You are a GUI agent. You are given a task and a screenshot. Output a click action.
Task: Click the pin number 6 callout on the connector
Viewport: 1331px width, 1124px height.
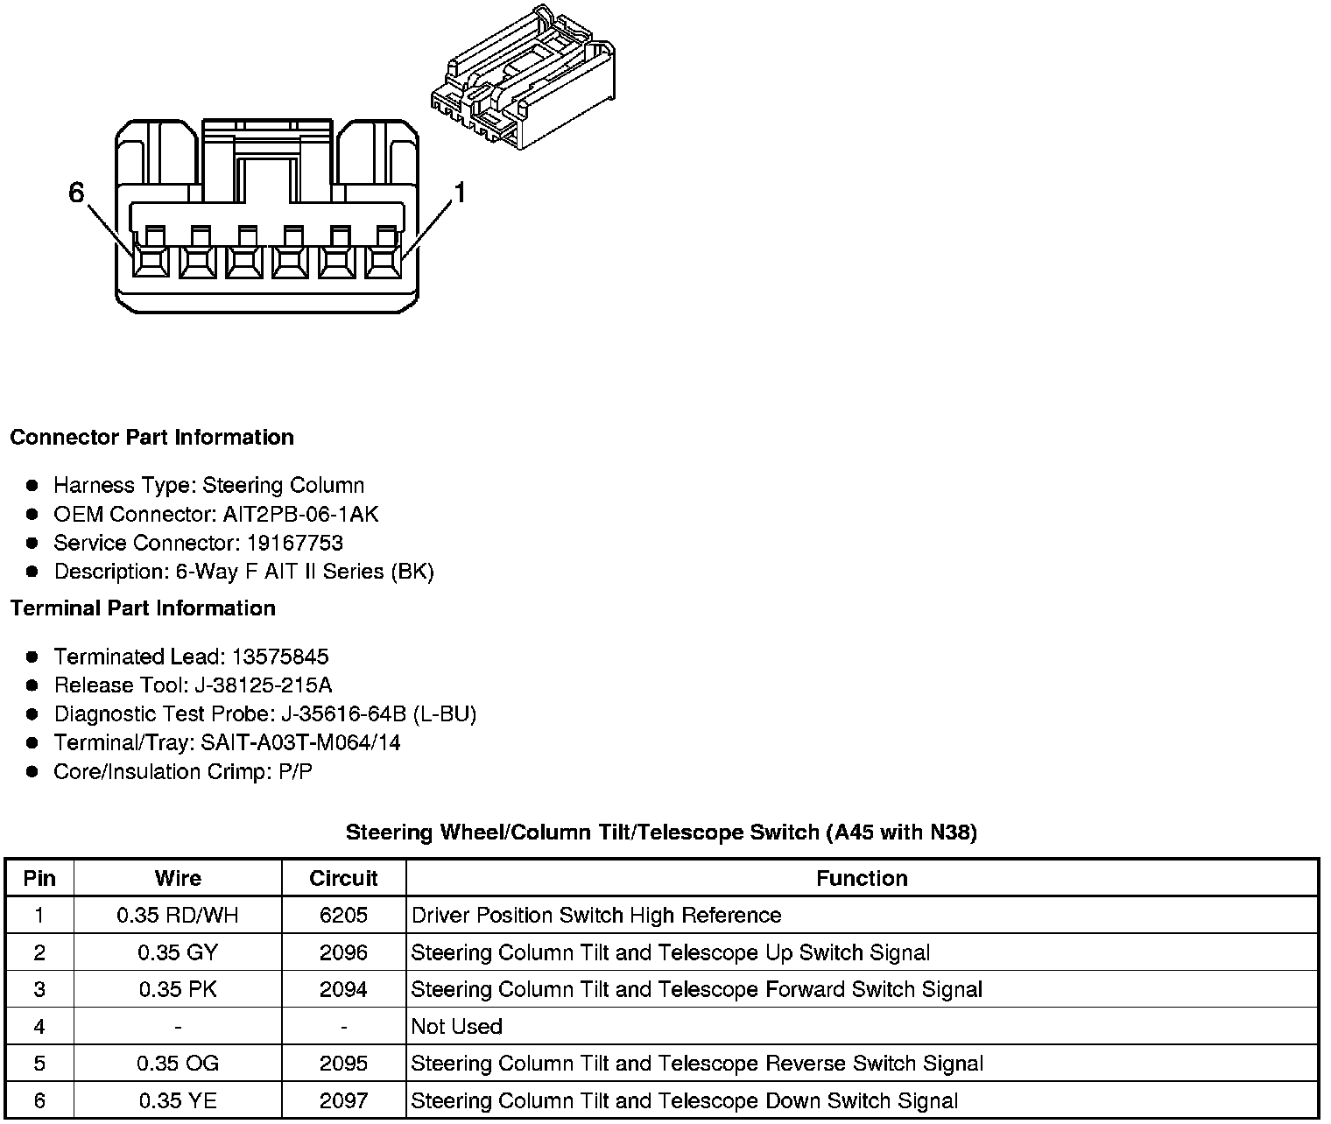click(77, 193)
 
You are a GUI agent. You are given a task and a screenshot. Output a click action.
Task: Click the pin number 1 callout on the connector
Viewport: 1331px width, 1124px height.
click(459, 193)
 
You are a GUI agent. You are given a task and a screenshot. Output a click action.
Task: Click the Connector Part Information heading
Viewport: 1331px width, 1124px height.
click(151, 438)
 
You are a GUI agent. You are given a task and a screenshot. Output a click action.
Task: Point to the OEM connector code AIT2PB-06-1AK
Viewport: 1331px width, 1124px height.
click(300, 514)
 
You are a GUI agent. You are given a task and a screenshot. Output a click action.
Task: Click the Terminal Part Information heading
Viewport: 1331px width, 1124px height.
click(143, 608)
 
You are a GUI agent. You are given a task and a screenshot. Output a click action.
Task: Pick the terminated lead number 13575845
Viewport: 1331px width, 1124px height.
click(280, 657)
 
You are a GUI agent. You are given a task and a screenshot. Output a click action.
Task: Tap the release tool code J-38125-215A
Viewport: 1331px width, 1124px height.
click(268, 685)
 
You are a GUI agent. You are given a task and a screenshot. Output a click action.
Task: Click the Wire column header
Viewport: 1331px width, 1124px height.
click(178, 878)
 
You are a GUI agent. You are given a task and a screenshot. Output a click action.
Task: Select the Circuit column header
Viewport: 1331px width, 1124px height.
click(343, 878)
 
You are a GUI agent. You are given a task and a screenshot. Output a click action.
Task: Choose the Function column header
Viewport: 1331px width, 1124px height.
click(862, 878)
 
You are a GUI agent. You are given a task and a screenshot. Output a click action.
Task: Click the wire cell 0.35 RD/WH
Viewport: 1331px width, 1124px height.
click(178, 916)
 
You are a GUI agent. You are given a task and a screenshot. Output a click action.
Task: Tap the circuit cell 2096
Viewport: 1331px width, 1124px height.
click(343, 952)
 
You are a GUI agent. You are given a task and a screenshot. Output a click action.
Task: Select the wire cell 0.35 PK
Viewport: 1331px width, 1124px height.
click(178, 989)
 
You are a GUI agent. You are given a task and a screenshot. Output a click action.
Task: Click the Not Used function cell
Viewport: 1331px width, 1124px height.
click(456, 1026)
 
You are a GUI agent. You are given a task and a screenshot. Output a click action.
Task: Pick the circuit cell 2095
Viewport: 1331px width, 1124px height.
click(343, 1064)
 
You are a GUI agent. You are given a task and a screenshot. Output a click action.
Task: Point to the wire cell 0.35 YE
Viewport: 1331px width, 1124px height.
click(178, 1100)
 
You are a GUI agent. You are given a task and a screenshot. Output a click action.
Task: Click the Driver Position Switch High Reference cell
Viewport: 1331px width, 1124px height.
click(595, 916)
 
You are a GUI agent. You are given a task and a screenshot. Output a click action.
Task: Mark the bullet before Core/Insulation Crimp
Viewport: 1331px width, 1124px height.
click(32, 772)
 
